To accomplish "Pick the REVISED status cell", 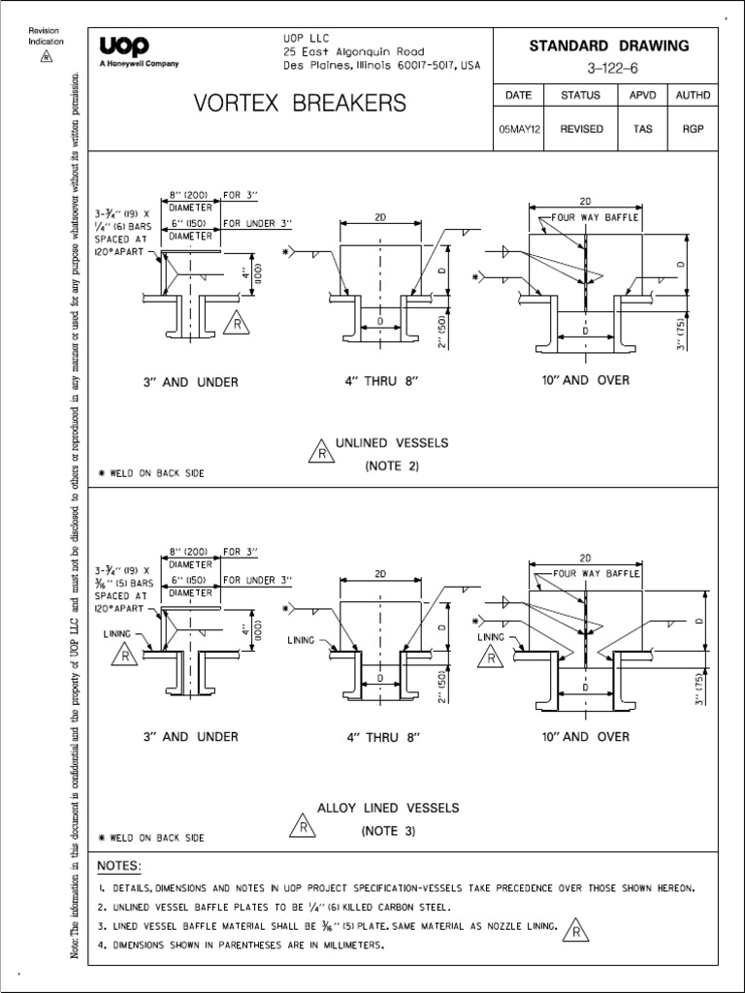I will [x=581, y=128].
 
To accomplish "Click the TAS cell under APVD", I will [x=642, y=128].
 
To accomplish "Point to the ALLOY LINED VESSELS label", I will [x=389, y=807].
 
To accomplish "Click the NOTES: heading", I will [x=120, y=865].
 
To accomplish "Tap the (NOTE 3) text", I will [x=389, y=831].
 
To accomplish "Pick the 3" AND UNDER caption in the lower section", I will [x=189, y=737].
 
